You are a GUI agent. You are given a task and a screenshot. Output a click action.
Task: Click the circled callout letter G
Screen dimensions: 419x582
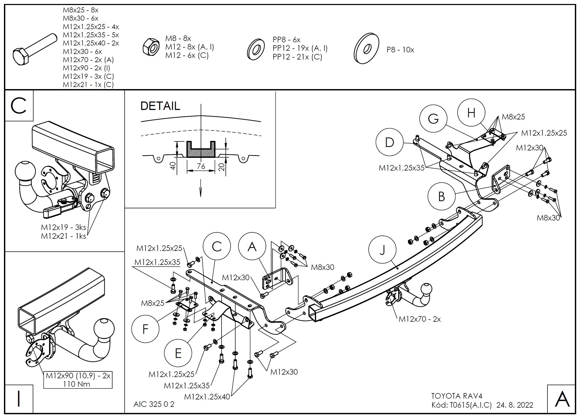[433, 119]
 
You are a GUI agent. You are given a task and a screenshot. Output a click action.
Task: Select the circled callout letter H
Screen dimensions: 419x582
[471, 113]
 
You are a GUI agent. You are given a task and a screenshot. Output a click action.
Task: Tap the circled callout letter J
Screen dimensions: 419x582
[382, 250]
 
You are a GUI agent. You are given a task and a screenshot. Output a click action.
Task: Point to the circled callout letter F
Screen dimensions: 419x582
[145, 329]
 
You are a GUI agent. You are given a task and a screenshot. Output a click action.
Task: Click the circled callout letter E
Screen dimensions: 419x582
[178, 353]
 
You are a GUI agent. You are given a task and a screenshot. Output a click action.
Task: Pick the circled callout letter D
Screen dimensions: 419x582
[389, 142]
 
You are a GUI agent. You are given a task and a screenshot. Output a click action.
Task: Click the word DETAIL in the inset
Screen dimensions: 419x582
[160, 106]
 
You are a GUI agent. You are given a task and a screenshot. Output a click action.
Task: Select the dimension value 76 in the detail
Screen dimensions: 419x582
[201, 166]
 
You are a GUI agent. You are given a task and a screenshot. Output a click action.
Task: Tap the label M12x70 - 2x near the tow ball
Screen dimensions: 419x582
[420, 319]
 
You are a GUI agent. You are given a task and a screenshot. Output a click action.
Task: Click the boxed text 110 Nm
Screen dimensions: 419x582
[77, 384]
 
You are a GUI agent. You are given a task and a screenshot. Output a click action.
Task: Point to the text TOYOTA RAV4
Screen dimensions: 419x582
[457, 396]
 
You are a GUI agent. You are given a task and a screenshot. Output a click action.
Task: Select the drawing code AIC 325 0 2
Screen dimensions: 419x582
[154, 404]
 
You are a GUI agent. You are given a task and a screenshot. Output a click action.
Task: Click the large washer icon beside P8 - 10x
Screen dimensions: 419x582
[366, 49]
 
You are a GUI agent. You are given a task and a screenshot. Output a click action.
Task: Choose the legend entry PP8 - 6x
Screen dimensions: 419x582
[287, 40]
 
